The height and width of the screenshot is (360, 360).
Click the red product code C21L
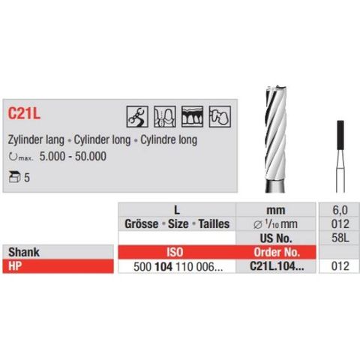[x=26, y=114]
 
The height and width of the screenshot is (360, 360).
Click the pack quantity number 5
[x=27, y=178]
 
